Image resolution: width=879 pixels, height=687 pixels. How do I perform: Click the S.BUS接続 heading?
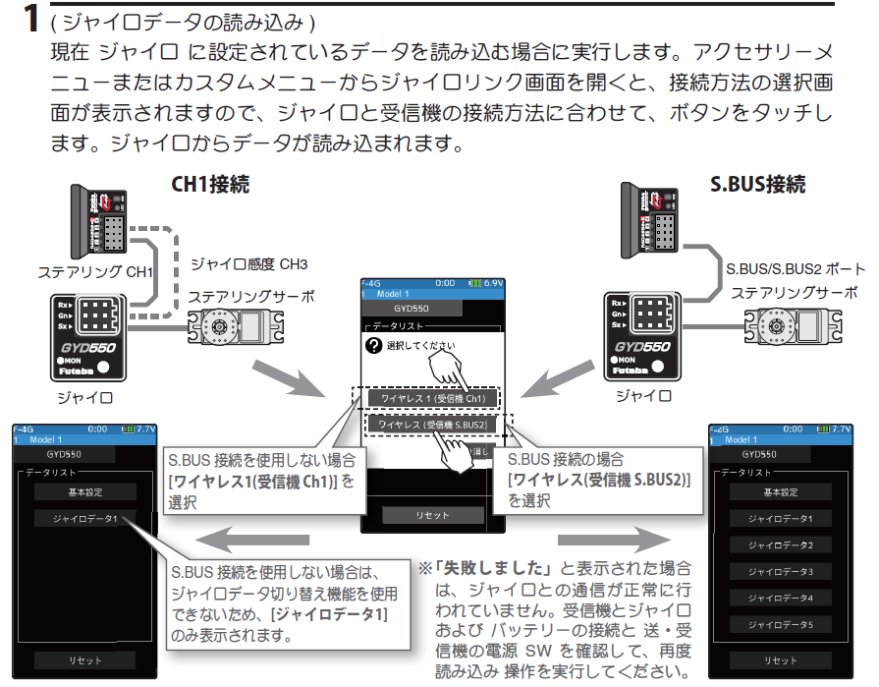757,184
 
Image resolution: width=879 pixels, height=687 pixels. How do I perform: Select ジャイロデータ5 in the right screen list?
781,624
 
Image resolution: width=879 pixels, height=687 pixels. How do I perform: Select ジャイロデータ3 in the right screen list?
781,571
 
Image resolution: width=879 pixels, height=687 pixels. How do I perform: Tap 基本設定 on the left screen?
84,491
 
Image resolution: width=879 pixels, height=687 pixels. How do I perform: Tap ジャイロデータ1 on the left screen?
84,518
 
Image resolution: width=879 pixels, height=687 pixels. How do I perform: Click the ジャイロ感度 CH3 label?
248,264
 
